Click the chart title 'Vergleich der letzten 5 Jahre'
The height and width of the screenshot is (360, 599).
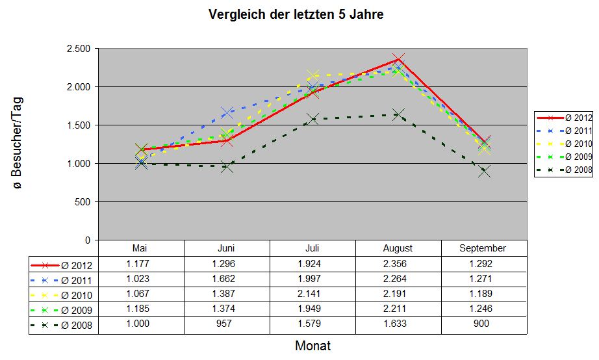pyautogui.click(x=296, y=14)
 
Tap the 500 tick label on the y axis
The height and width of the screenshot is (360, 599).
pyautogui.click(x=83, y=202)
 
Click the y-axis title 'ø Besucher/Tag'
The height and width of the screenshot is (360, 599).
pyautogui.click(x=18, y=143)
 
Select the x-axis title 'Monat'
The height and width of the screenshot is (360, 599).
pyautogui.click(x=312, y=346)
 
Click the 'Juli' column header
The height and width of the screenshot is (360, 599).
pyautogui.click(x=312, y=248)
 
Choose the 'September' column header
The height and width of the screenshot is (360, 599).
pyautogui.click(x=483, y=248)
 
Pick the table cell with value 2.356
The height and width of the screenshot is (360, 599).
pyautogui.click(x=398, y=264)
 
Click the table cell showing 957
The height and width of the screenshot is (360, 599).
pyautogui.click(x=227, y=324)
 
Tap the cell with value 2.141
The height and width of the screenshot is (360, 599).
pyautogui.click(x=312, y=294)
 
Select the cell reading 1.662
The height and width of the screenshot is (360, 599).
pyautogui.click(x=227, y=279)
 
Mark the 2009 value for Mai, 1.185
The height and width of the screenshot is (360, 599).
pyautogui.click(x=141, y=309)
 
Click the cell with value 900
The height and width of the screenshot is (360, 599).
pyautogui.click(x=483, y=324)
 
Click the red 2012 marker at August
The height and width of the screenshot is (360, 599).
pyautogui.click(x=398, y=60)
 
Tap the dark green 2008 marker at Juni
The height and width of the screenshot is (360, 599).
pyautogui.click(x=227, y=166)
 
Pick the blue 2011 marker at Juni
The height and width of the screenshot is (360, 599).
pyautogui.click(x=227, y=113)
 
